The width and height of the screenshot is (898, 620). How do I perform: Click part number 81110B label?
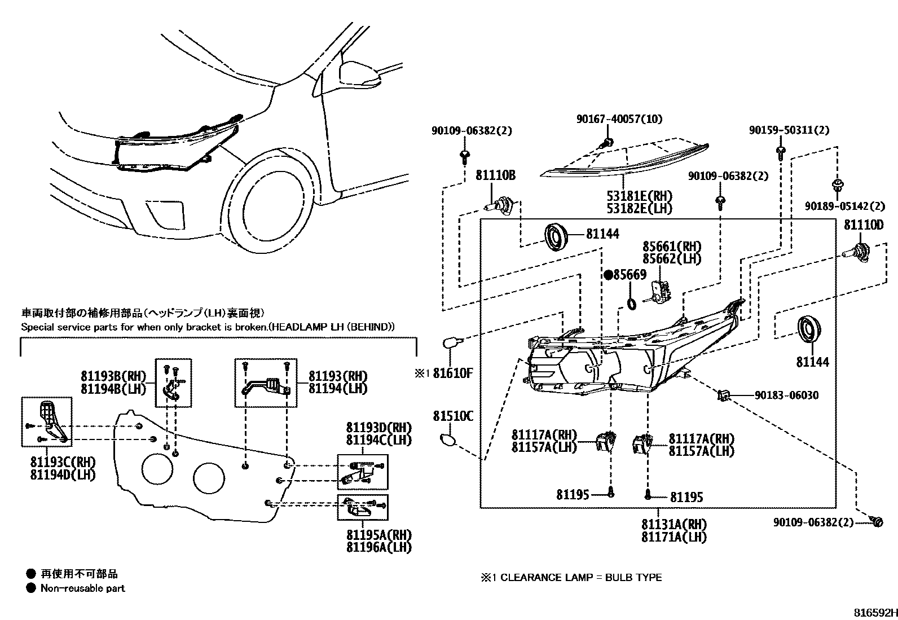pyautogui.click(x=495, y=176)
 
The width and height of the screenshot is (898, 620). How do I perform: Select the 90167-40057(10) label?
pyautogui.click(x=619, y=119)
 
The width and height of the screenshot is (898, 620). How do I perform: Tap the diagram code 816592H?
pyautogui.click(x=874, y=613)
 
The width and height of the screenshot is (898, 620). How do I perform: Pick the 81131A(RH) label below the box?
pyautogui.click(x=673, y=525)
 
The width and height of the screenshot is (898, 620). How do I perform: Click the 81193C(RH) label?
pyautogui.click(x=62, y=463)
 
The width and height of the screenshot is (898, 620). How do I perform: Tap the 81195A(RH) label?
pyautogui.click(x=378, y=535)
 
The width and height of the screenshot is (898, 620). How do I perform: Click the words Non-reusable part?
pyautogui.click(x=82, y=588)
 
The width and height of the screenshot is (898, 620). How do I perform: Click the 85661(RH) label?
pyautogui.click(x=671, y=247)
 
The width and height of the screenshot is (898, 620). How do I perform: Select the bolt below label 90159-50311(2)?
pyautogui.click(x=780, y=151)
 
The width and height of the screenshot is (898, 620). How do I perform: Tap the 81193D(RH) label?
pyautogui.click(x=378, y=427)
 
